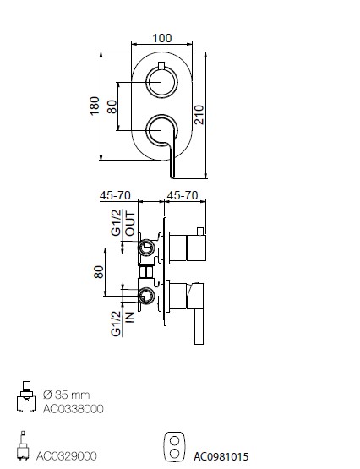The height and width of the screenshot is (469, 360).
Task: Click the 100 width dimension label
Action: (162, 38)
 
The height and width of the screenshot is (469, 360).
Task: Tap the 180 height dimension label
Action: (95, 106)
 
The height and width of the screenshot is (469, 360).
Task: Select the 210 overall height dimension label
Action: (199, 115)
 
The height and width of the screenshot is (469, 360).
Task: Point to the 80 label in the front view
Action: (112, 106)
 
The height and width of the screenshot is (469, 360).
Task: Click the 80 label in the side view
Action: (99, 272)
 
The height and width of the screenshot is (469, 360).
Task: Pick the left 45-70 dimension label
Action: (115, 195)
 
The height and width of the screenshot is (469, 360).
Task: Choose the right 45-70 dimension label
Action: (183, 195)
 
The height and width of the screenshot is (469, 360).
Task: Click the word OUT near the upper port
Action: (130, 223)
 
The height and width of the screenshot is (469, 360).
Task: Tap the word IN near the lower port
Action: (130, 317)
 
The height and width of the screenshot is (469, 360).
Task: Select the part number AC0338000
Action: (74, 409)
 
